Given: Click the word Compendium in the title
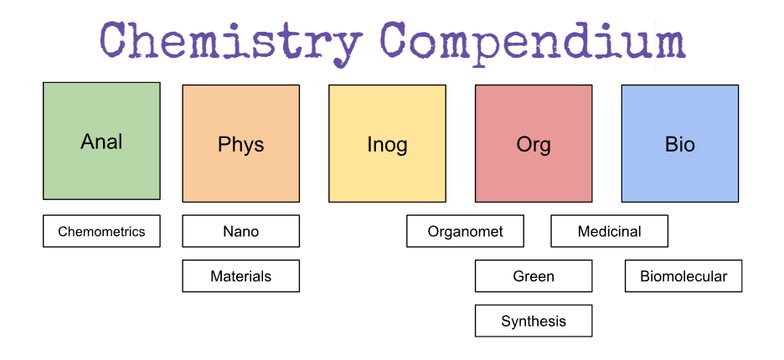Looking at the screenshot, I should click(533, 40).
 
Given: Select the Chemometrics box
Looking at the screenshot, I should click(101, 231).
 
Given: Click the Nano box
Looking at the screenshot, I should click(240, 231).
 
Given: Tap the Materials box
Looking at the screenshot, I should click(240, 275).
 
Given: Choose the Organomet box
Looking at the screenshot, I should click(465, 231).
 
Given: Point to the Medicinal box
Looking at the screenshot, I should click(609, 231).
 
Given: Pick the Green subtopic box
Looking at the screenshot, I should click(534, 275).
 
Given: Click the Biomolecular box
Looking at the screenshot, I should click(683, 275).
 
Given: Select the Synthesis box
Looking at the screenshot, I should click(534, 321).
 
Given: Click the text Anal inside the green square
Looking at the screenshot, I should click(101, 141).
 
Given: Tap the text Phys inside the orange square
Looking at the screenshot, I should click(240, 144).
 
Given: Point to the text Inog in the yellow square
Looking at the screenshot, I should click(387, 144).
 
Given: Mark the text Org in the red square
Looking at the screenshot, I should click(534, 144).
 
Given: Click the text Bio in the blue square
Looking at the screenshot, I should click(679, 144).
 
